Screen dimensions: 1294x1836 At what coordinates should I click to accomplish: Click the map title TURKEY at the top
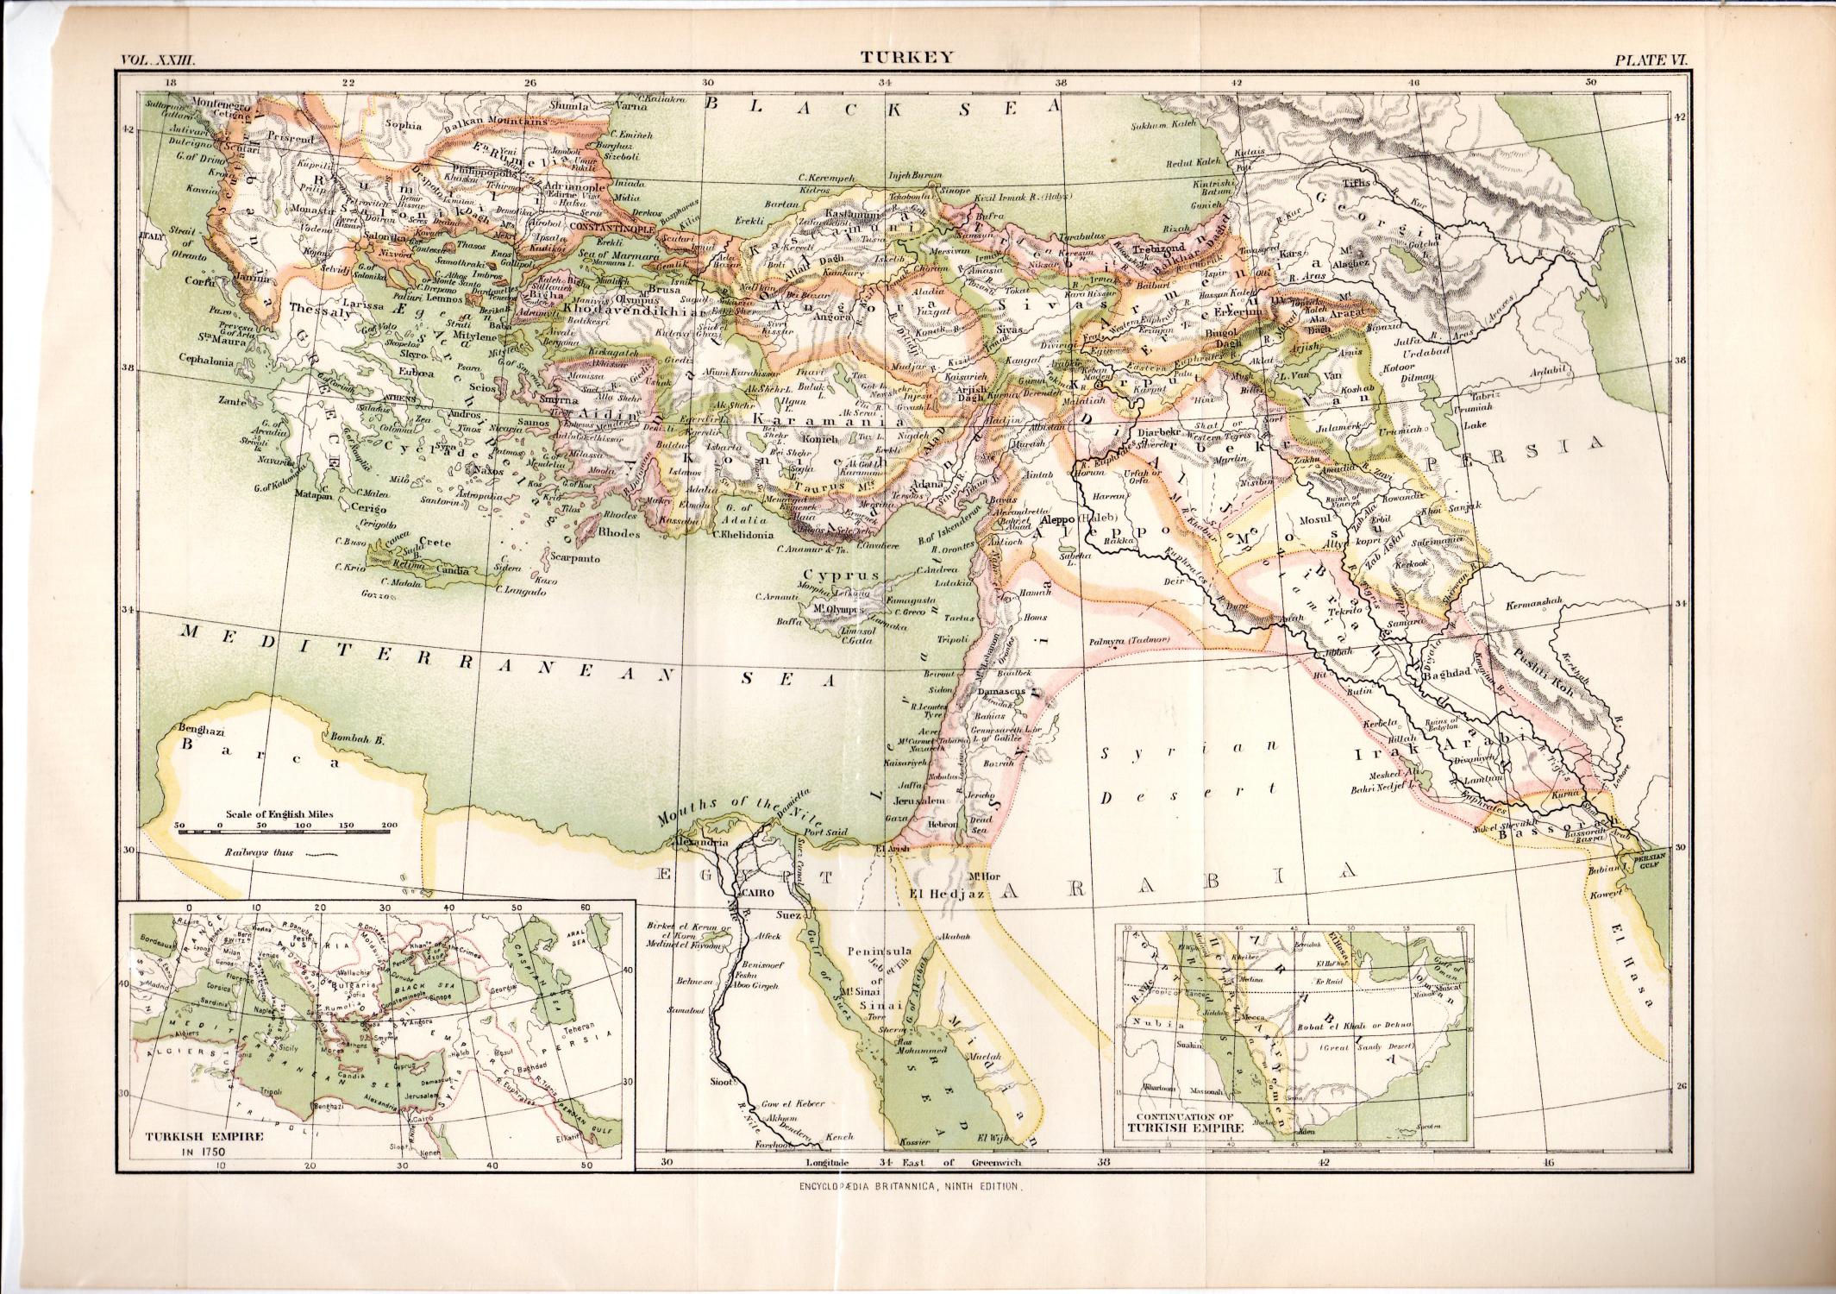pos(905,58)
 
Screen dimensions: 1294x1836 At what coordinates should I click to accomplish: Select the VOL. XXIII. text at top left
pos(160,60)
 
